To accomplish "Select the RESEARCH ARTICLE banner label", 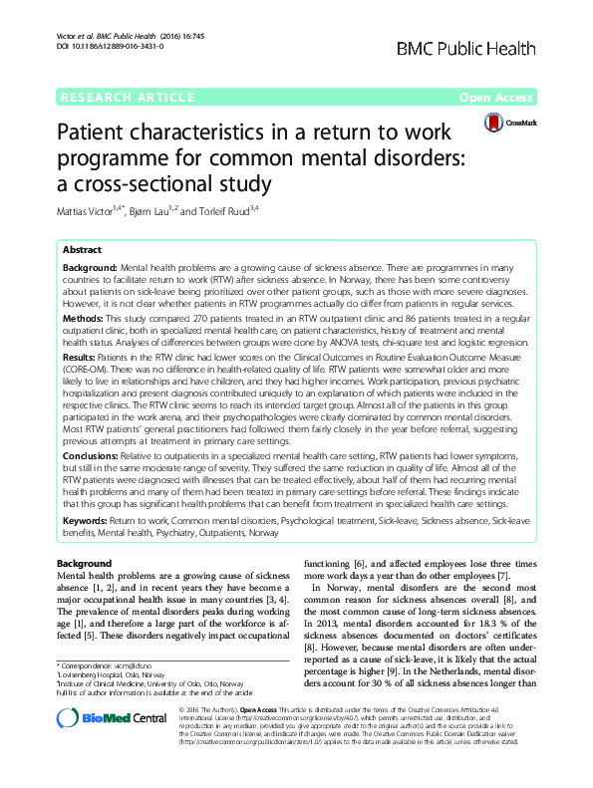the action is pos(128,98).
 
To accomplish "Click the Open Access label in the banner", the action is pos(498,98).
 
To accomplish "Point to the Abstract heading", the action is pos(84,249).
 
